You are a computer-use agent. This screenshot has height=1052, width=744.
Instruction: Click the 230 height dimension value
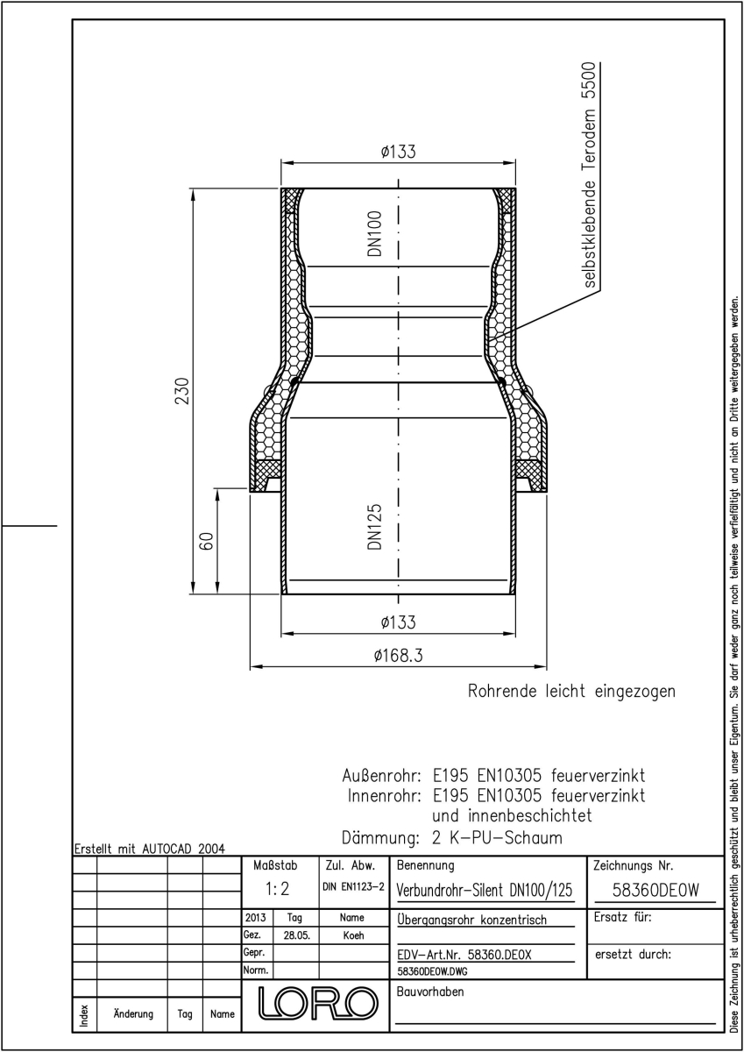181,391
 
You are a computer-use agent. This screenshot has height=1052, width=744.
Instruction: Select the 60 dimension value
207,541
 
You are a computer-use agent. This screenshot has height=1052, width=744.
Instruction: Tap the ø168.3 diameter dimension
399,655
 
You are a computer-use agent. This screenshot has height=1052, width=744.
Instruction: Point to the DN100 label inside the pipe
375,233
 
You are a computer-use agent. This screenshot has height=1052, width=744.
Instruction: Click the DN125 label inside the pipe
375,527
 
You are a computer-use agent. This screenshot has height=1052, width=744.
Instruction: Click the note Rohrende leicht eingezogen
571,692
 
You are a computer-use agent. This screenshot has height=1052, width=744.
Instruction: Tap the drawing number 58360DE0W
655,890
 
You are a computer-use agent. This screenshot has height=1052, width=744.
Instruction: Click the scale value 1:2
278,889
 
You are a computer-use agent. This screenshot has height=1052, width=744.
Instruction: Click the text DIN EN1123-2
353,886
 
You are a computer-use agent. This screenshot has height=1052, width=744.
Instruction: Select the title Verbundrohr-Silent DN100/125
485,891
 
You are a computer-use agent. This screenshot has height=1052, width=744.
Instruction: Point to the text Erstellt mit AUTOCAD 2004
150,849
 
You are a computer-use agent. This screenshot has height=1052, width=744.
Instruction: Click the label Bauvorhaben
430,992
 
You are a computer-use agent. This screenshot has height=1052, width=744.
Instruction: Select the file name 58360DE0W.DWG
432,971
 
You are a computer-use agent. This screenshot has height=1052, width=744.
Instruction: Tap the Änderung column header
133,1013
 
